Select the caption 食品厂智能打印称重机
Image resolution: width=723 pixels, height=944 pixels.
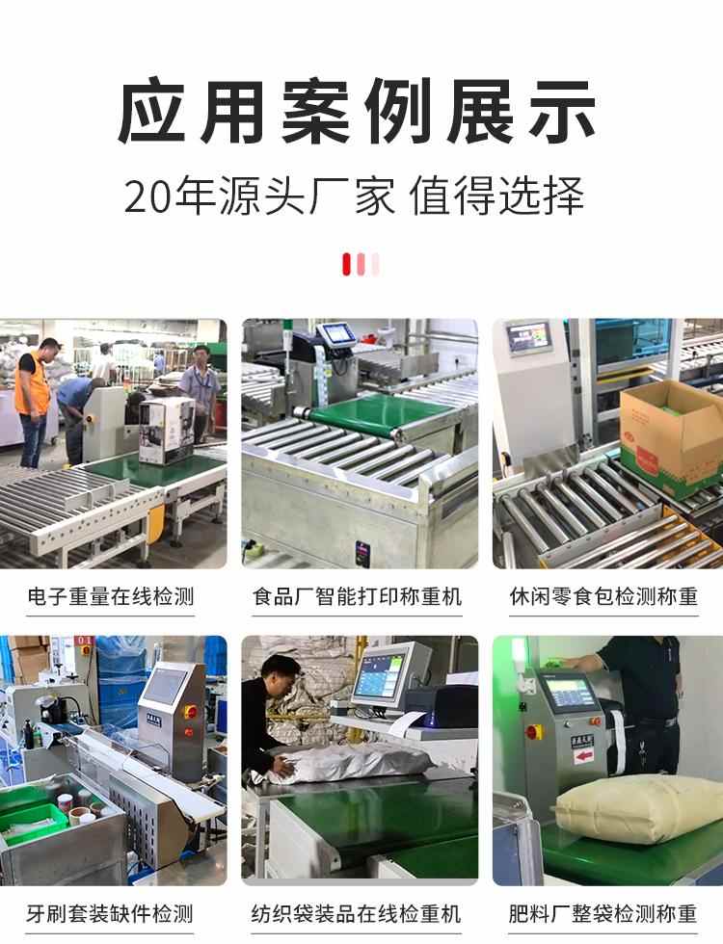click(358, 596)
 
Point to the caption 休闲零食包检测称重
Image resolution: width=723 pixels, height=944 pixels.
click(603, 596)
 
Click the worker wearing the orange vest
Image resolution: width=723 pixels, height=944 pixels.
click(32, 385)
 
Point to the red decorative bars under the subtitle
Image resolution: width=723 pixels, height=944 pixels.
click(361, 263)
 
